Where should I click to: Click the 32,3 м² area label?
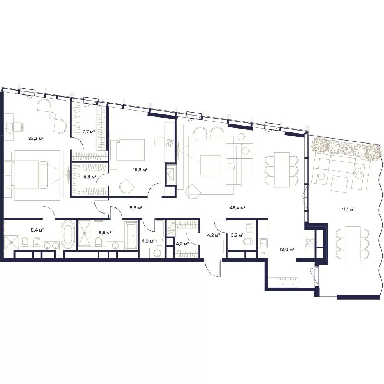(36, 138)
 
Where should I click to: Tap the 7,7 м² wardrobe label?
(89, 132)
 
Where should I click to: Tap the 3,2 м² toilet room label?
(237, 235)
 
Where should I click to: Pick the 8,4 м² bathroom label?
(38, 230)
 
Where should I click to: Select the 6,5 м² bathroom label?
(105, 232)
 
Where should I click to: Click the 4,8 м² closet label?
(90, 177)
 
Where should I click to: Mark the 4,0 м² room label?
(148, 241)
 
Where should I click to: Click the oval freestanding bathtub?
(68, 234)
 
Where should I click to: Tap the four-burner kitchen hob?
(310, 243)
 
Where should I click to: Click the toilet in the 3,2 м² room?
(248, 241)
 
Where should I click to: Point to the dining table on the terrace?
(353, 244)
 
